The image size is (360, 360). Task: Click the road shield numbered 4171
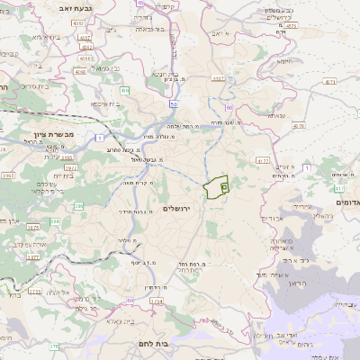coord(330,81)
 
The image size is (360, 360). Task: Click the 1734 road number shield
coord(35,292)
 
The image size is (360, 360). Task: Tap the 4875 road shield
coord(290,26)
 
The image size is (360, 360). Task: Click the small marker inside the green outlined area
coord(223,185)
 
